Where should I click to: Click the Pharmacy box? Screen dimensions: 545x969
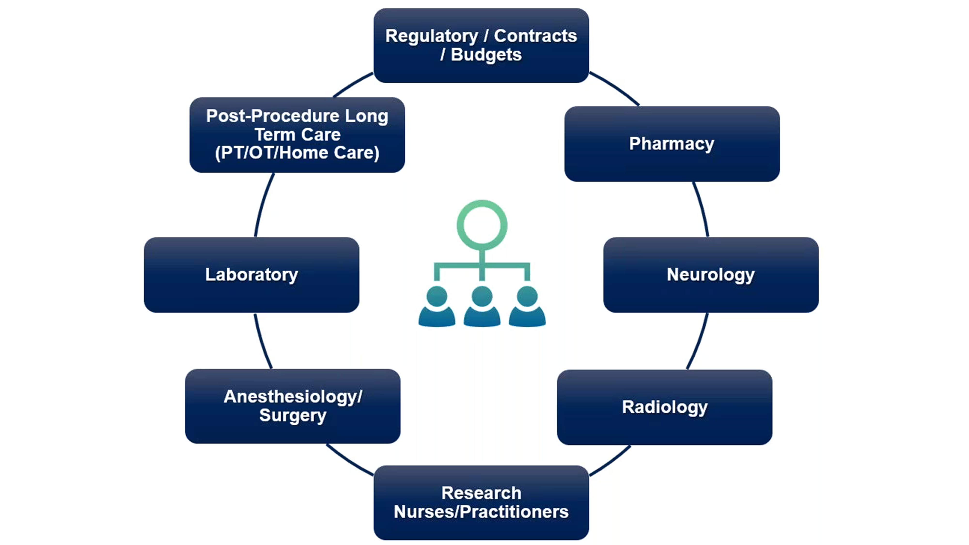pos(672,144)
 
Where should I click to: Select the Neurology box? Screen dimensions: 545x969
pos(711,275)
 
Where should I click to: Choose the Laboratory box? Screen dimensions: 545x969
pos(251,275)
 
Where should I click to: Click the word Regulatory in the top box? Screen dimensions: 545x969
pos(431,36)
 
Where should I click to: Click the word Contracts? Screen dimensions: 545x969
pos(535,36)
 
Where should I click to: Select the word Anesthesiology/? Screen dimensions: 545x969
pos(293,397)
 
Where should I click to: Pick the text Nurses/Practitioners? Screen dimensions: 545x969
pos(481,512)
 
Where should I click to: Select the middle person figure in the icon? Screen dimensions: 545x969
pos(482,307)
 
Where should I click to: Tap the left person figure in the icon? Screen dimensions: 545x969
pos(437,307)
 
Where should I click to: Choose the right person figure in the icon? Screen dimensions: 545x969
pos(527,307)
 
